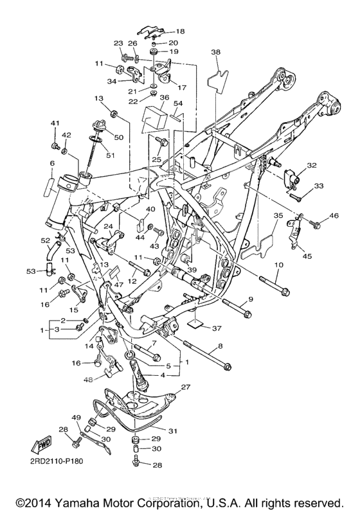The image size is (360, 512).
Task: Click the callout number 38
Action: click(215, 52)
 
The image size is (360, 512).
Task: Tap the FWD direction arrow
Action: click(42, 446)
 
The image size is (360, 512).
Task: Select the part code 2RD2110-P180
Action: click(55, 461)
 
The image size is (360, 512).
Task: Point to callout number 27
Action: click(186, 387)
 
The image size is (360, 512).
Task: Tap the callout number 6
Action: click(52, 163)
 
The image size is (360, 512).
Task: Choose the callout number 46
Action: click(325, 215)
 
